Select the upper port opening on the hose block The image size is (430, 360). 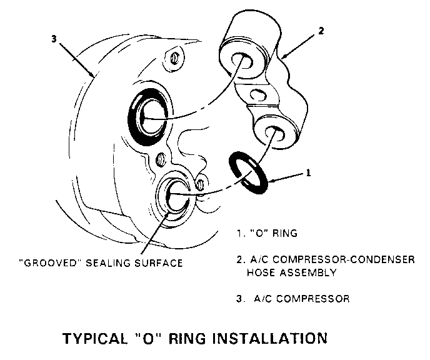point(241,61)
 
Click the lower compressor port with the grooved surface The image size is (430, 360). point(177,197)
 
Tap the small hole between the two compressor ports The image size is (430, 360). point(162,157)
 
